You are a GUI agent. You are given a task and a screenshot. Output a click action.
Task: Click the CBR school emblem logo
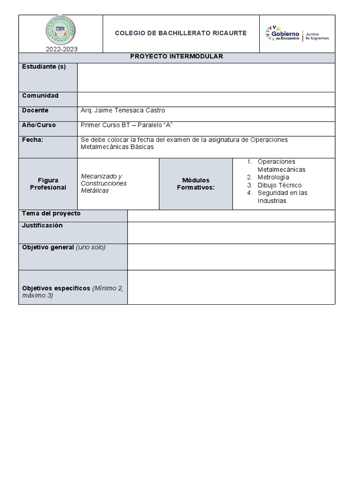pos(61,30)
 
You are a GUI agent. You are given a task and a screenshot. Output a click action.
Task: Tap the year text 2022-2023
pos(61,49)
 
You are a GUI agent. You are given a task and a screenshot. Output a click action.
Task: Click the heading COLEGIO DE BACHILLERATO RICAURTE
pos(180,33)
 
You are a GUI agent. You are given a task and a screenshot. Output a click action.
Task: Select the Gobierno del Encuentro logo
pos(297,34)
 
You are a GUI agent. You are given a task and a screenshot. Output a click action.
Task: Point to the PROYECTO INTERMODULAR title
pos(176,56)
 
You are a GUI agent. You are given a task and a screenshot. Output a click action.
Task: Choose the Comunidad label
pos(40,96)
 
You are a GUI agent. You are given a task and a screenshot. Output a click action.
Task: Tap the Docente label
pos(35,110)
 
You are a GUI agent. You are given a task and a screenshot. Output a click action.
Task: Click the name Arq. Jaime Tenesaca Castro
pos(123,110)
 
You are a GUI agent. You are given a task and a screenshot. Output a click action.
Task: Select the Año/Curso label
pos(39,125)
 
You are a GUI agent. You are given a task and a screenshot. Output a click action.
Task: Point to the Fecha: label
pos(33,140)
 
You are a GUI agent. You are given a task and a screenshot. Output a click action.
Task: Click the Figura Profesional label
pos(48,184)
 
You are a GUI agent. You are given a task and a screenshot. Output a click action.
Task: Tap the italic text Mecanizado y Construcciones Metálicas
pos(104,183)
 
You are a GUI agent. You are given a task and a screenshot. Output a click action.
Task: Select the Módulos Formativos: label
pos(195,184)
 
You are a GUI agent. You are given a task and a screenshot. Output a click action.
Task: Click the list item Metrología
pos(273,177)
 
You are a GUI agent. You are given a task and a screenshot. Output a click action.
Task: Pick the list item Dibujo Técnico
pos(279,185)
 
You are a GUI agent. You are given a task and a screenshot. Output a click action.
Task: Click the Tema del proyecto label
pos(51,213)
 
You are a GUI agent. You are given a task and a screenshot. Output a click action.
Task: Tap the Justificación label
pos(42,225)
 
